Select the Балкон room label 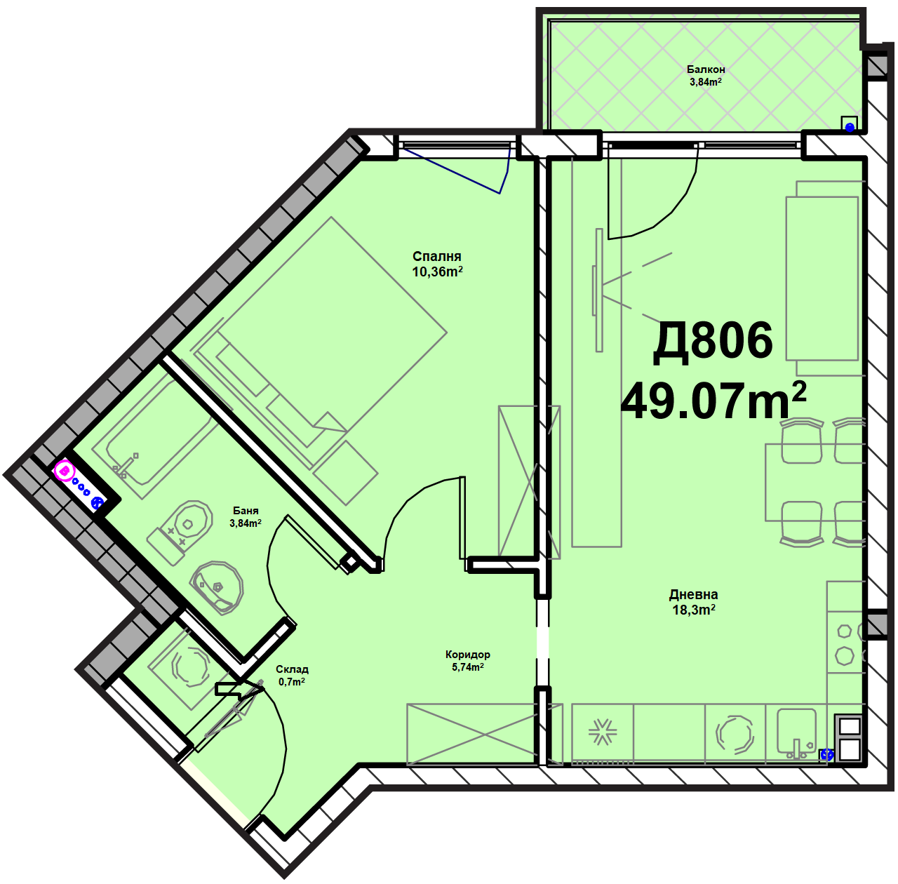point(706,69)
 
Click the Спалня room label point(436,256)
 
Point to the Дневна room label point(693,594)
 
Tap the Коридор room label point(467,655)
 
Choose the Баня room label point(246,511)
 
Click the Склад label point(292,669)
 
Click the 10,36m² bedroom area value point(437,271)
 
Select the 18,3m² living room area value point(693,610)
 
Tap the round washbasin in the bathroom point(217,587)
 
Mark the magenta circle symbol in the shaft point(65,471)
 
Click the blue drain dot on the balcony point(850,127)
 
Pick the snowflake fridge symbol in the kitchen point(602,732)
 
